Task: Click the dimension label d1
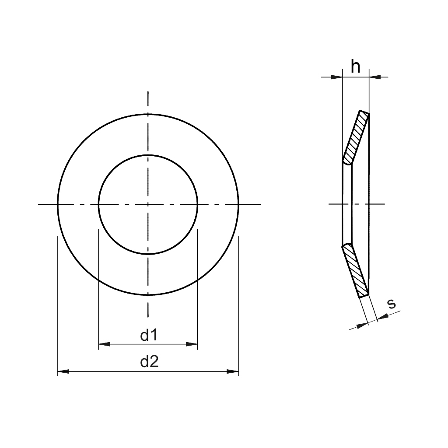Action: [148, 336]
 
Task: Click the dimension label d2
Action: [148, 363]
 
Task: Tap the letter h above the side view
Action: [356, 67]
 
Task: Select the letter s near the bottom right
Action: [392, 303]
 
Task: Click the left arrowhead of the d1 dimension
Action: [104, 344]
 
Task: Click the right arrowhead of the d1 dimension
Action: [192, 344]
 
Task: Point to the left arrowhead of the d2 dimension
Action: [63, 372]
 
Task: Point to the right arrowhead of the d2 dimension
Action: [233, 372]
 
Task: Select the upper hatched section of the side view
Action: [357, 137]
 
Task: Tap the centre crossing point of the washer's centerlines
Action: [148, 204]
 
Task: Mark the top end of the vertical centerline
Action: [148, 92]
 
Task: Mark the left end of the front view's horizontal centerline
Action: [39, 204]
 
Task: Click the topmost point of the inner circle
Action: [148, 155]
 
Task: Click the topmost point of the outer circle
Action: [148, 114]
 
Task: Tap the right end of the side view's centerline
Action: [385, 204]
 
